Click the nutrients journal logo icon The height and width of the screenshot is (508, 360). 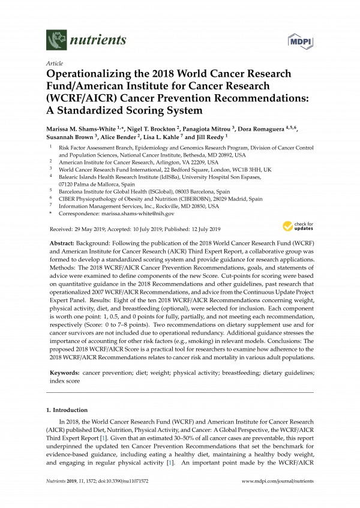tap(56, 41)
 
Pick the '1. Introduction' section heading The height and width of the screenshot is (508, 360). tap(67, 410)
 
